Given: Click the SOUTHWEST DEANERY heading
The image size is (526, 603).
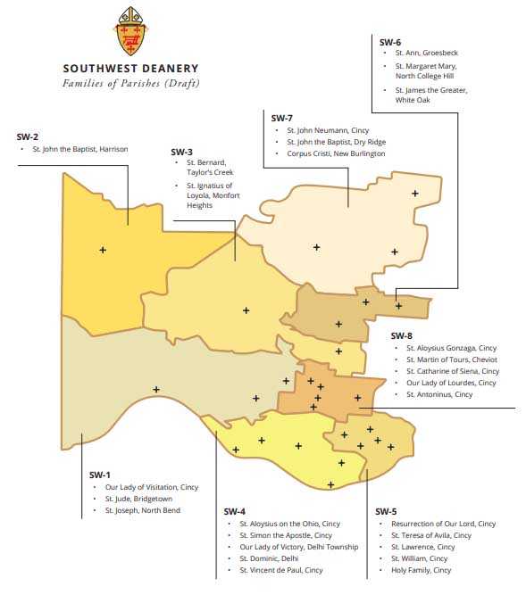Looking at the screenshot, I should point(130,69).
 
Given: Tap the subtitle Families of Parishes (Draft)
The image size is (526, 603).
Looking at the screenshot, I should point(130,83).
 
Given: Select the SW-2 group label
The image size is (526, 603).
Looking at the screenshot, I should point(28,136).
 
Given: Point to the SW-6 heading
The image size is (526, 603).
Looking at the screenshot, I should point(390,42).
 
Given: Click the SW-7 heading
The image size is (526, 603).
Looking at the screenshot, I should point(281,118).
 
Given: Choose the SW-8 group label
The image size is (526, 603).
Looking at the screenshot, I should point(402,335).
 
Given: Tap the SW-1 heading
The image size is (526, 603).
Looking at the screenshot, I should point(100,475).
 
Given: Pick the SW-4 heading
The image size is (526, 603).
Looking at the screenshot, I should point(234,511).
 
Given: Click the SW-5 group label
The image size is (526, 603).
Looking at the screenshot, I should point(386,511).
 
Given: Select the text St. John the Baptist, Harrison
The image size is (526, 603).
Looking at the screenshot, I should point(80,149).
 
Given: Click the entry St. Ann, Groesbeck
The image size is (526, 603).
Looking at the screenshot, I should point(427,54).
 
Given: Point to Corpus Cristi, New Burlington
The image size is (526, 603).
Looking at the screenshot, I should point(336,153).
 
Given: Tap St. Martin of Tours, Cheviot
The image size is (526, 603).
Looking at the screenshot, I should point(451,359).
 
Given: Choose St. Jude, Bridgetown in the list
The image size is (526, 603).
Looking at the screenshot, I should point(138,499).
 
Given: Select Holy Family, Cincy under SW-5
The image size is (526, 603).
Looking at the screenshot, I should point(422,570).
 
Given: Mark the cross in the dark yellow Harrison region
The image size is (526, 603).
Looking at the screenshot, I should point(103,250).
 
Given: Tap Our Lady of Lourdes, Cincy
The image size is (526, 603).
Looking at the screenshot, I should point(450,383).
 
